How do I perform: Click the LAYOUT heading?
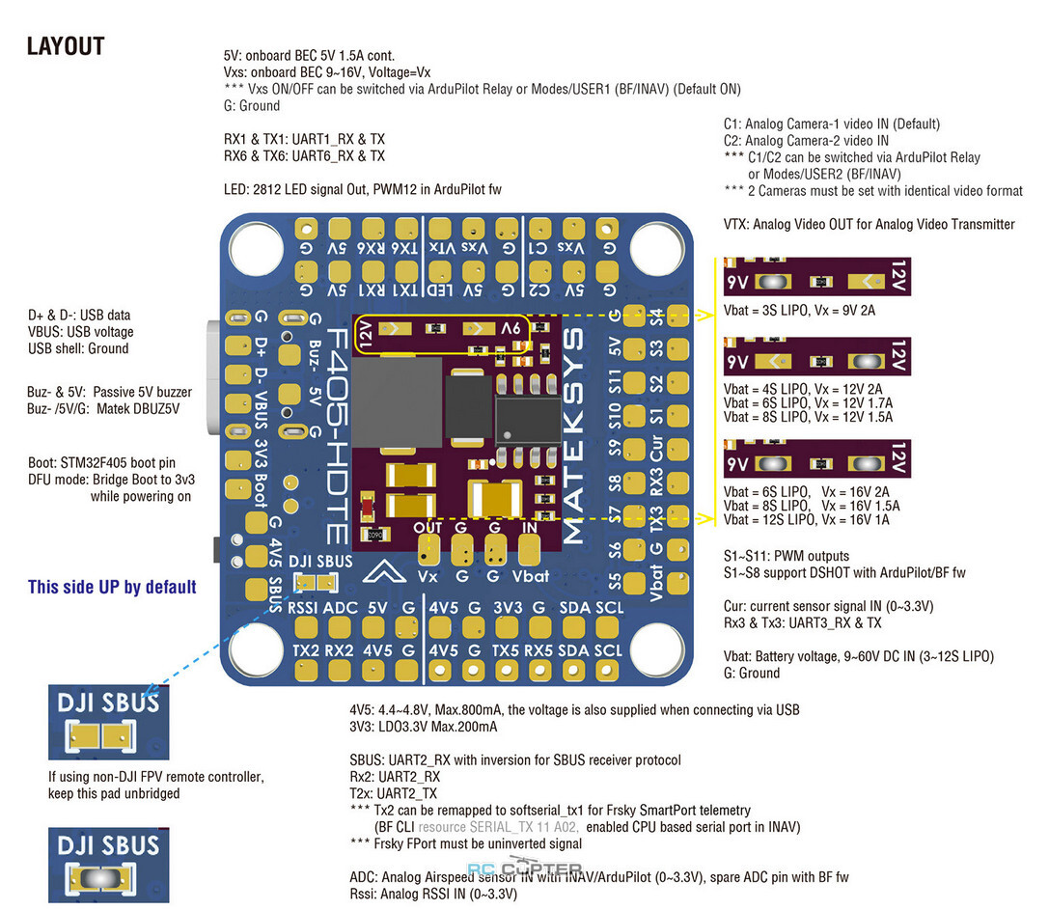tap(66, 46)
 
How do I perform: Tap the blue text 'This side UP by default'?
tap(112, 587)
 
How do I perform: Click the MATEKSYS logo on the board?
tap(572, 436)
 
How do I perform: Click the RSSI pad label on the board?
tap(306, 608)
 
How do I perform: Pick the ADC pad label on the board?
tap(341, 608)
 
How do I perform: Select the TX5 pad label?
tap(506, 650)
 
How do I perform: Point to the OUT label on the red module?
tap(428, 527)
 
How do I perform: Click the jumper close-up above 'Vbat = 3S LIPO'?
tap(816, 276)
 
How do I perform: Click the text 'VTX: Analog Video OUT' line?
tap(869, 224)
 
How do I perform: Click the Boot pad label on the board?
tap(261, 491)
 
